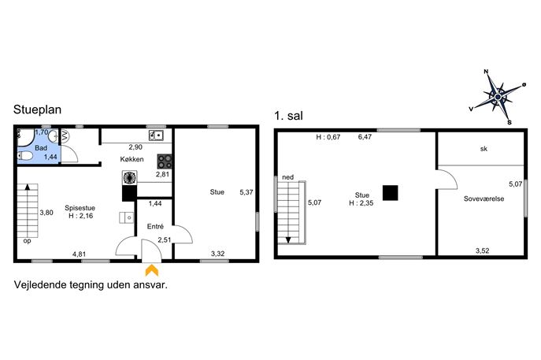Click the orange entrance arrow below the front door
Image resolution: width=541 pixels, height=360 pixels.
coord(152,270)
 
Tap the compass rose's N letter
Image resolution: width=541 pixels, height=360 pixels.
coord(486,72)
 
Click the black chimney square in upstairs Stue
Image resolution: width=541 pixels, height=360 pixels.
coord(391,192)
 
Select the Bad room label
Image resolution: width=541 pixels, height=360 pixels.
coord(41,148)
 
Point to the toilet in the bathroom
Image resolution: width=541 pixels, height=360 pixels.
coord(25,156)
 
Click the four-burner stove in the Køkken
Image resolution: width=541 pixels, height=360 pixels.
coord(165,161)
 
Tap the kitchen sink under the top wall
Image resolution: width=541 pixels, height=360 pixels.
coord(156,135)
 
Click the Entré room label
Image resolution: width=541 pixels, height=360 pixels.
coord(155,226)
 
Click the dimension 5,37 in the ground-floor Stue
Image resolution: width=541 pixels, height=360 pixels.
coord(246,192)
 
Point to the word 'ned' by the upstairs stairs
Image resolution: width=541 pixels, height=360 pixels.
coord(287,177)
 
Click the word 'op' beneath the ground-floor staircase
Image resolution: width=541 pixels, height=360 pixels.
coord(27,241)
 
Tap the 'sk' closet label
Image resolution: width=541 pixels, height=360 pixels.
coord(484,149)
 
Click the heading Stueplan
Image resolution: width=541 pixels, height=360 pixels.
coord(37,109)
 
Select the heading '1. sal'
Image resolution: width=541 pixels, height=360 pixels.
coord(288,116)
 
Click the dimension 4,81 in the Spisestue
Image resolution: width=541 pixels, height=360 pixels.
coord(79,254)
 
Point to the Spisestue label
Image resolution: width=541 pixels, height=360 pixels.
coord(80,208)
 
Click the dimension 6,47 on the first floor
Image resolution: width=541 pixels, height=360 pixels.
coord(365,137)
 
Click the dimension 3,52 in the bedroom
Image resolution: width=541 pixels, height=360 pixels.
coord(483,251)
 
